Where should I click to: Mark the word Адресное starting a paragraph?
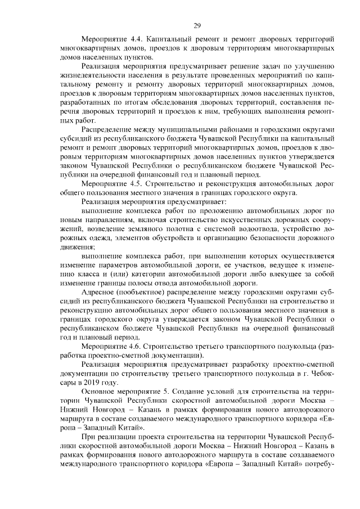pos(100,292)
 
